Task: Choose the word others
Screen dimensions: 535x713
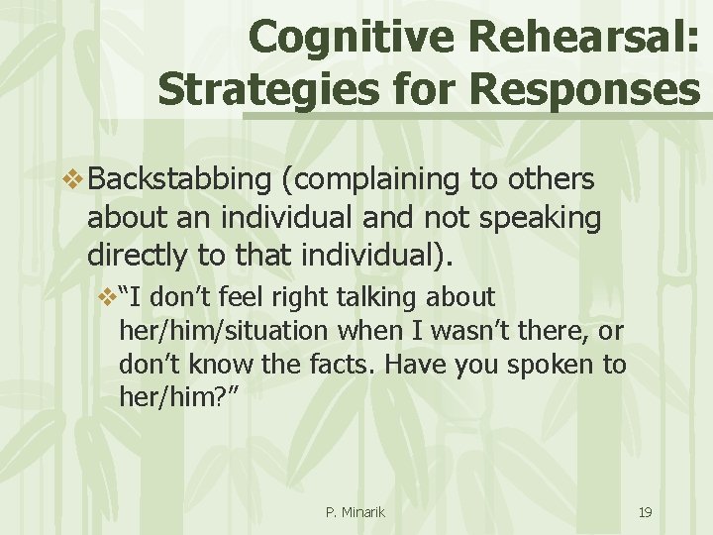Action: tap(550, 179)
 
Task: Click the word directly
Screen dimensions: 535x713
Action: tap(138, 256)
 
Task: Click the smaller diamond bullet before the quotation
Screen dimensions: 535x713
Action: tap(106, 296)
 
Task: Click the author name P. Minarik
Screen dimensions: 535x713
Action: tap(356, 512)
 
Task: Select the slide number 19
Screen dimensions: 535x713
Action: tap(645, 512)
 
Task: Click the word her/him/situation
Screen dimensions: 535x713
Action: tap(216, 330)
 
